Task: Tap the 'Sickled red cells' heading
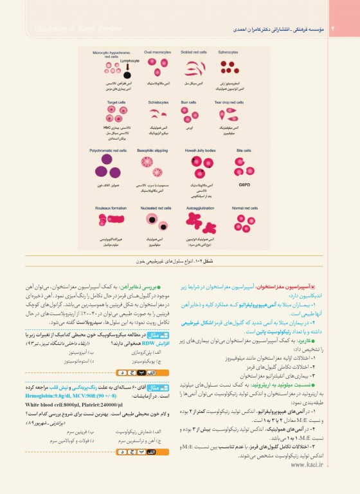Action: click(194, 51)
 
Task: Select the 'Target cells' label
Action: click(116, 102)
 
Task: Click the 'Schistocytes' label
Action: click(157, 102)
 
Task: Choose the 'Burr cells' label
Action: click(188, 102)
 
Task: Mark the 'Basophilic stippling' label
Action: click(153, 151)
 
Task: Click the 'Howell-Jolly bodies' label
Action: click(200, 151)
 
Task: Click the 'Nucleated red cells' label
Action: click(156, 208)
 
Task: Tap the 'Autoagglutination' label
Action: click(199, 208)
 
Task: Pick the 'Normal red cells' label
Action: click(245, 208)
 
